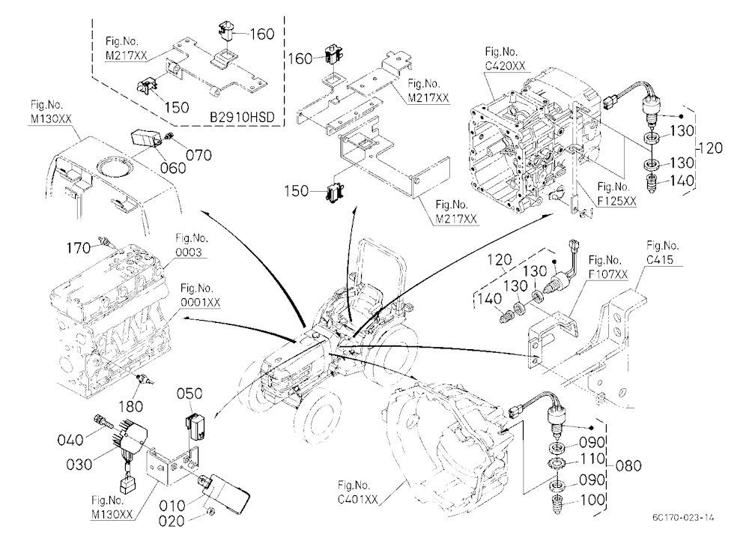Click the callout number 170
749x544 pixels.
pos(79,247)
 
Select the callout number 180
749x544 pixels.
pos(130,406)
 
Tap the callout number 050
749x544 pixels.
pos(189,393)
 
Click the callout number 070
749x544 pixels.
pos(198,155)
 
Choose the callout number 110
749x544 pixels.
pos(592,459)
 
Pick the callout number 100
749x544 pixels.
pos(592,500)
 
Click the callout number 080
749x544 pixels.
pos(628,465)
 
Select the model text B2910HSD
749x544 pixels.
pos(242,117)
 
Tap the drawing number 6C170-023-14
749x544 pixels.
pos(684,517)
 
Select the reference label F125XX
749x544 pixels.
pos(617,201)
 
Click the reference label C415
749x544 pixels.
pos(660,259)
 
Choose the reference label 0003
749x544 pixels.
pos(189,252)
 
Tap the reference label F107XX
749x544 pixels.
pos(608,274)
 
